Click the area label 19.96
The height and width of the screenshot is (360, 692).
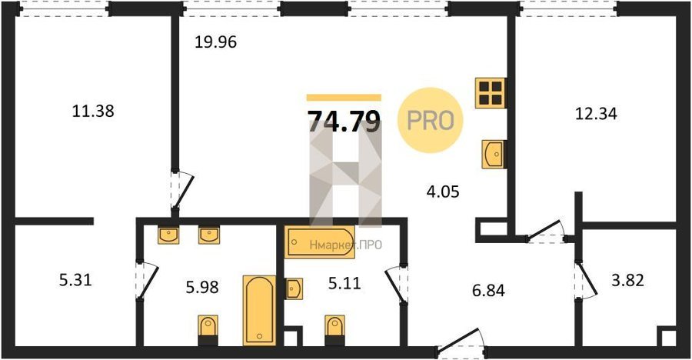tap(216, 42)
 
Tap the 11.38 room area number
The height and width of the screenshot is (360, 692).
tap(93, 111)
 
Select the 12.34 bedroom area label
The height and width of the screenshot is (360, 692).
tap(596, 114)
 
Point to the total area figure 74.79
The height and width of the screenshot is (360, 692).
tap(344, 122)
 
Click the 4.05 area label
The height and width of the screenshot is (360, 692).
tap(443, 192)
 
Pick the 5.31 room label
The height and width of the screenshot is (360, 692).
tap(75, 279)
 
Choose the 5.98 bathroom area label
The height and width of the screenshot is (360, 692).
tap(202, 287)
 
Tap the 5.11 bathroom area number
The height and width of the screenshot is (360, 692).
tap(344, 283)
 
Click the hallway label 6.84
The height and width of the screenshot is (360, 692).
tap(488, 291)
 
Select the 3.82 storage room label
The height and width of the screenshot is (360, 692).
tap(627, 280)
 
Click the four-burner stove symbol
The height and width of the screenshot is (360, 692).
tap(491, 93)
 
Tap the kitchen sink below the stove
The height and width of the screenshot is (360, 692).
tap(494, 154)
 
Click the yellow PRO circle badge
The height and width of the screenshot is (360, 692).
tap(431, 120)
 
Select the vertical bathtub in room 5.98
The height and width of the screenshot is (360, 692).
tap(260, 311)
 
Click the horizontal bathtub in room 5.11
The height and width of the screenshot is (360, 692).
tap(320, 242)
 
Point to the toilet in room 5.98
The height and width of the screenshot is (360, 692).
tap(208, 330)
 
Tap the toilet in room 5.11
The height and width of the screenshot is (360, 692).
tap(334, 330)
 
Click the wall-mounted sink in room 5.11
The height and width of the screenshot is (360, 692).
tap(294, 289)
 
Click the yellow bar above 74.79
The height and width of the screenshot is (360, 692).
tap(344, 98)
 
